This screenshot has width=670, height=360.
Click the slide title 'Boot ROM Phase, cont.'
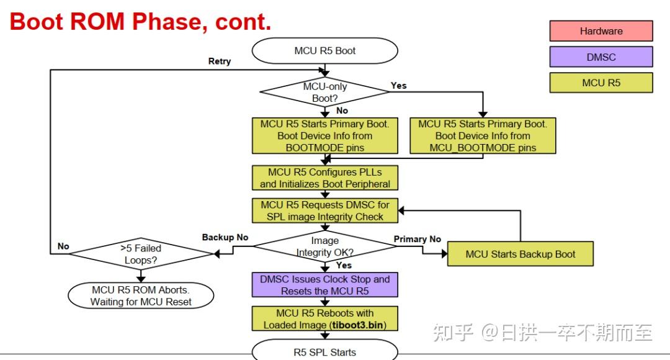pyautogui.click(x=141, y=22)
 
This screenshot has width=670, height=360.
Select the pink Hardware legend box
pyautogui.click(x=601, y=31)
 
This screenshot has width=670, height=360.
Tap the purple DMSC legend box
pyautogui.click(x=601, y=57)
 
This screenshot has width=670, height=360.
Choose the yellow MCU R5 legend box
pyautogui.click(x=601, y=83)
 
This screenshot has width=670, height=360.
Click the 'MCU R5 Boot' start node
pyautogui.click(x=324, y=51)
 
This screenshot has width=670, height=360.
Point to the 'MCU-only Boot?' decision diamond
pyautogui.click(x=324, y=92)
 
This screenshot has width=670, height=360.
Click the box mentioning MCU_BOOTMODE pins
pyautogui.click(x=483, y=135)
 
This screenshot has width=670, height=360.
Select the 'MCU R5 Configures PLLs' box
pyautogui.click(x=324, y=178)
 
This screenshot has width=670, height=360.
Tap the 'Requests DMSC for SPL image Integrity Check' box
pyautogui.click(x=324, y=210)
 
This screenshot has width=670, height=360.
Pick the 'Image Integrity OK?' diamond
pyautogui.click(x=324, y=246)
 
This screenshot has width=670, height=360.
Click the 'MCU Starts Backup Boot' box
pyautogui.click(x=520, y=254)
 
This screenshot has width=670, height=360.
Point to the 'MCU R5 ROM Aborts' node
pyautogui.click(x=141, y=296)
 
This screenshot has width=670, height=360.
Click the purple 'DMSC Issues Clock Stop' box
pyautogui.click(x=324, y=285)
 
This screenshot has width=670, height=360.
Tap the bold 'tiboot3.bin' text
pyautogui.click(x=352, y=325)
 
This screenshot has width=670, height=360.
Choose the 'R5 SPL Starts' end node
pyautogui.click(x=324, y=352)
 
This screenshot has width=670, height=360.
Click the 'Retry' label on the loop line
pyautogui.click(x=219, y=61)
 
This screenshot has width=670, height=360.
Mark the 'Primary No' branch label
pyautogui.click(x=418, y=239)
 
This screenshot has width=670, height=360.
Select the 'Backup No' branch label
pyautogui.click(x=225, y=237)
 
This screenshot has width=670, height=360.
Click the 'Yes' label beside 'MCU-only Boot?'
pyautogui.click(x=398, y=86)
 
